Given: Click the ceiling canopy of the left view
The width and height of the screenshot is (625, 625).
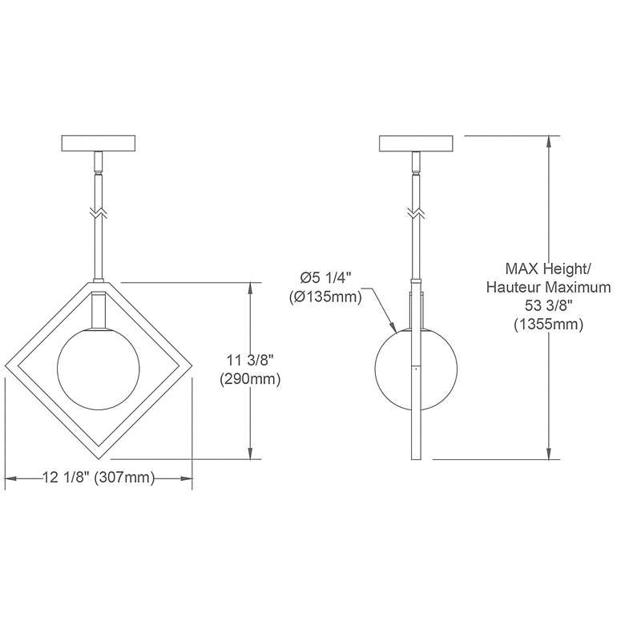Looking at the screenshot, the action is [99, 143].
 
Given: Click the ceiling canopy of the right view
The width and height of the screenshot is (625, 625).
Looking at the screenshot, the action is [416, 143].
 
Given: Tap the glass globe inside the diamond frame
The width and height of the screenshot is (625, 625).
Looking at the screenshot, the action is [99, 369].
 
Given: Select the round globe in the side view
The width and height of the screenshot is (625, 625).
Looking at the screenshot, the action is [416, 369].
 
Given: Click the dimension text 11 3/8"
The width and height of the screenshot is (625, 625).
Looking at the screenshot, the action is [250, 361].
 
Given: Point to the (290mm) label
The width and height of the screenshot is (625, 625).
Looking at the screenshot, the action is [250, 379].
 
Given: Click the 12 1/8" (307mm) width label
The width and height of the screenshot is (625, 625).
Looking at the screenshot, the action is [98, 477].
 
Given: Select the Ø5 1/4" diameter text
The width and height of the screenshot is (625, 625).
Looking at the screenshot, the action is [325, 278].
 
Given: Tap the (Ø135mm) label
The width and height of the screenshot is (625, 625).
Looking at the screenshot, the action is [325, 296].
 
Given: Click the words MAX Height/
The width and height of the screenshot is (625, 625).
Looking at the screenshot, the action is [547, 268].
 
